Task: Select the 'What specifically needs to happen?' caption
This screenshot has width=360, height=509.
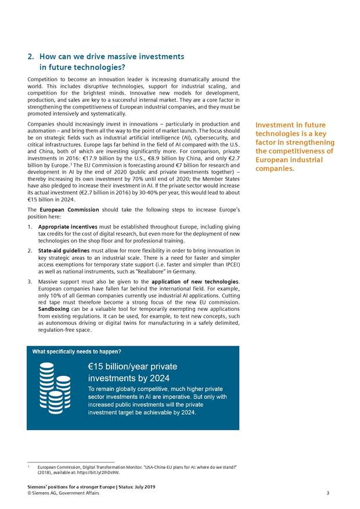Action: tap(77, 352)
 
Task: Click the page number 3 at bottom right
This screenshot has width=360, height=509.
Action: tap(327, 493)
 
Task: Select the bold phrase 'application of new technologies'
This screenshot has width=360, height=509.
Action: tap(195, 282)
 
